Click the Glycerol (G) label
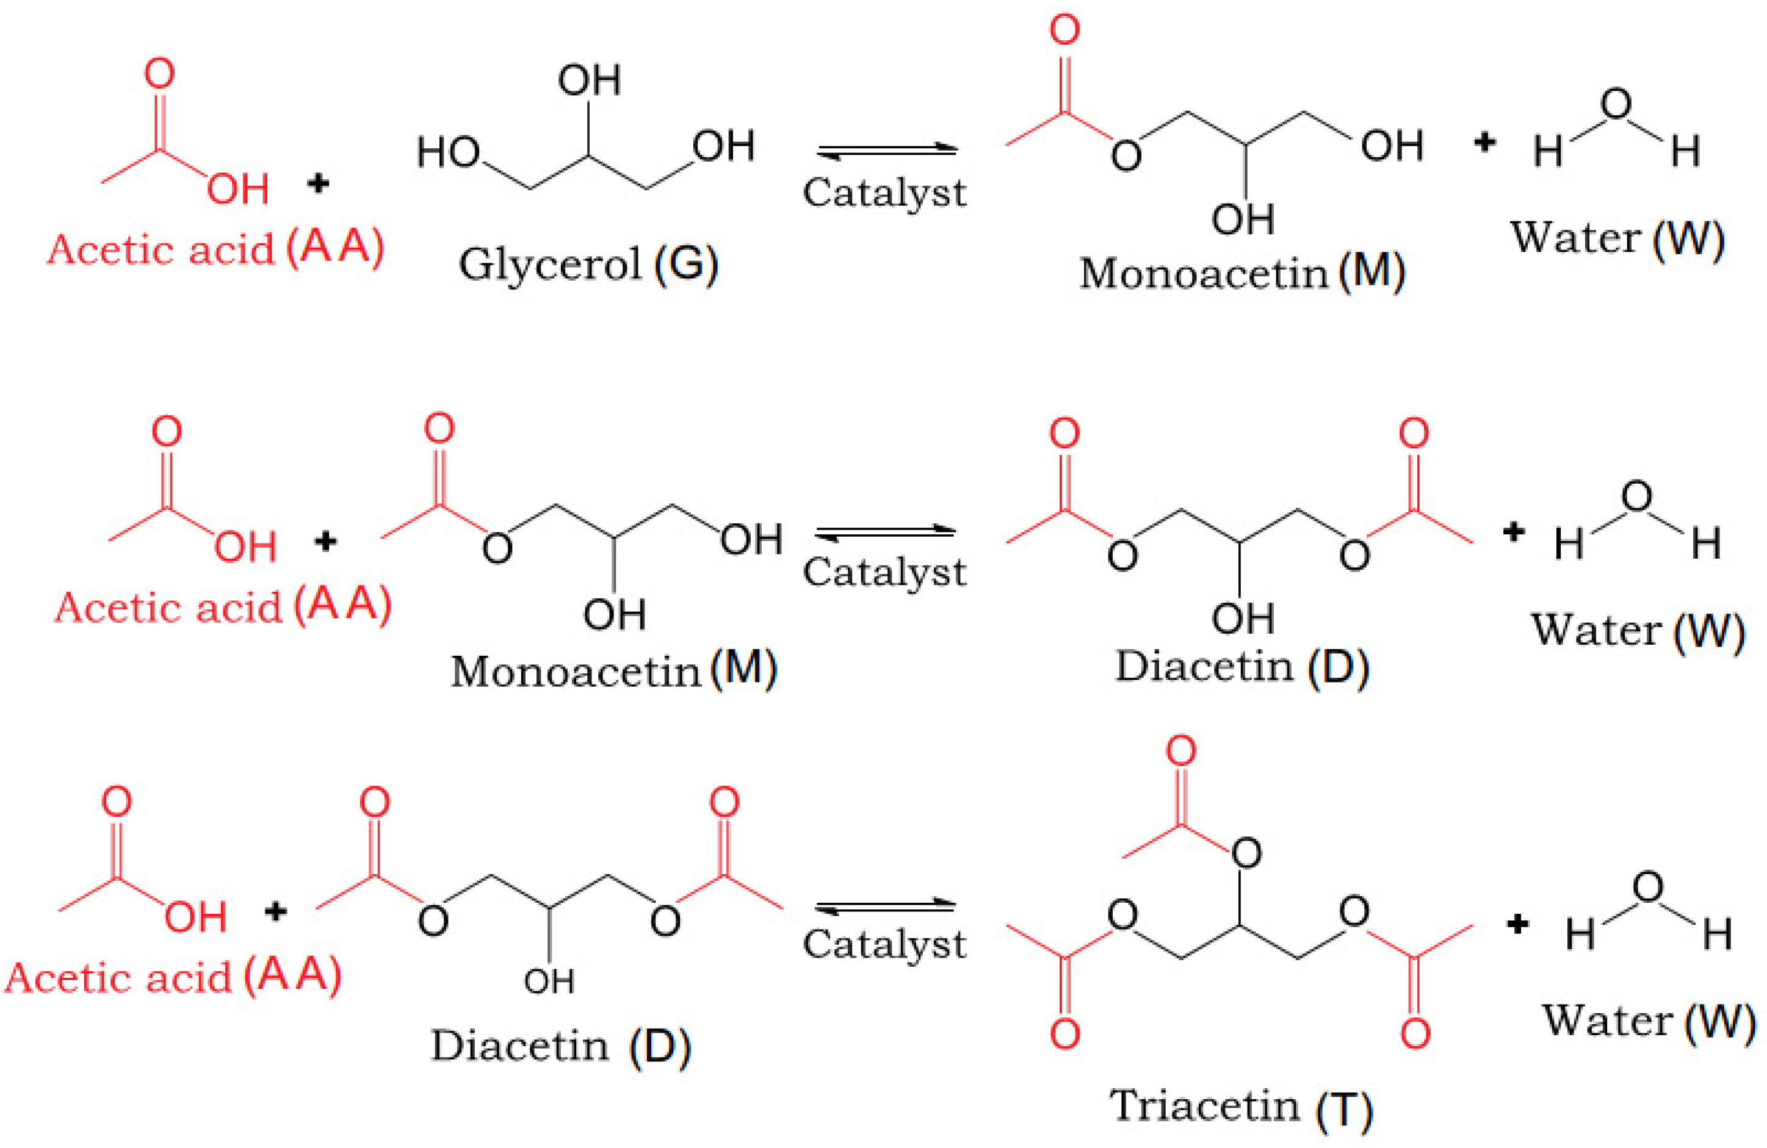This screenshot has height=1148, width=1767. [588, 264]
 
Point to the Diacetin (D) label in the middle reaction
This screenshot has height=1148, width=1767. [1241, 665]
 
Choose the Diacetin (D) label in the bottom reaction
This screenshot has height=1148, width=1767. [560, 1046]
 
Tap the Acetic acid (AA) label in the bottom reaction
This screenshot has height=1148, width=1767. [172, 976]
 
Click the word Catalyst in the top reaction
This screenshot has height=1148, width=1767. [884, 193]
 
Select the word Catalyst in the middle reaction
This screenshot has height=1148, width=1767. [884, 572]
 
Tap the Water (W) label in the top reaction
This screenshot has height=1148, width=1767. [1617, 239]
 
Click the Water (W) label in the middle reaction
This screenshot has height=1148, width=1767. [1637, 631]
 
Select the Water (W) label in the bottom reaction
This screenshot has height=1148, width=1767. [1648, 1021]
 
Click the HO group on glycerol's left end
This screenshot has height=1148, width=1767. [447, 153]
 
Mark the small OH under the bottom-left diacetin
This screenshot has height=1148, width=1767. [549, 981]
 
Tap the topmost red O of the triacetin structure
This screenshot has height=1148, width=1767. [1180, 751]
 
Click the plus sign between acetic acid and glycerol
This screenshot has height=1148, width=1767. [318, 182]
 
